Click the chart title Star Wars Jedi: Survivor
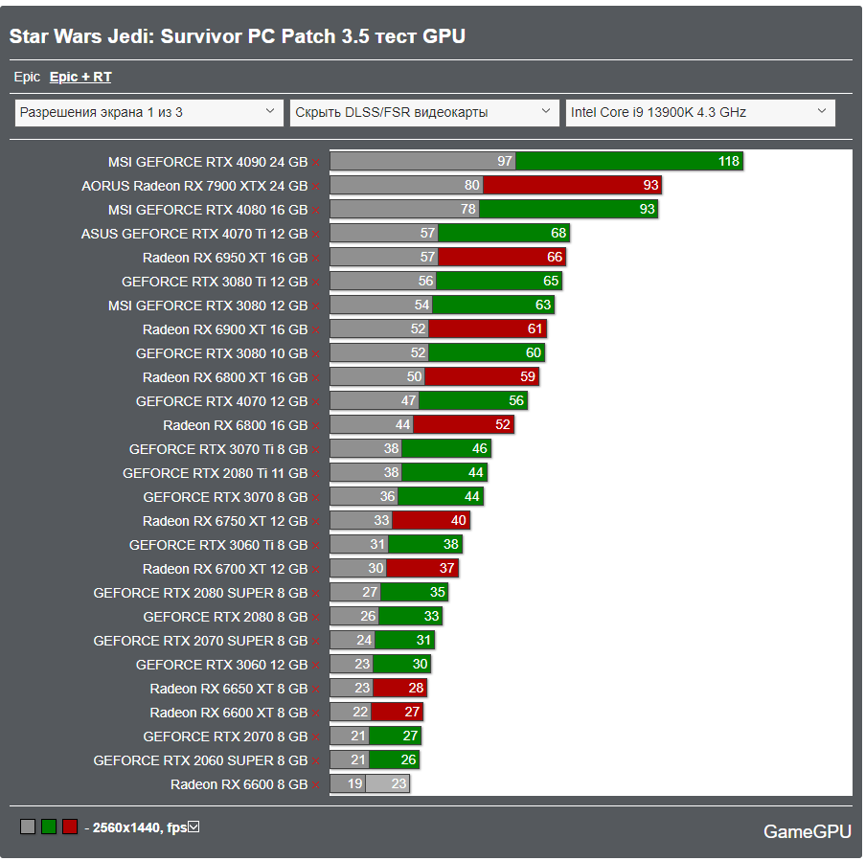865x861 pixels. pos(238,36)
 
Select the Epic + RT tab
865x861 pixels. pos(80,77)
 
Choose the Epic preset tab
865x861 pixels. pos(27,77)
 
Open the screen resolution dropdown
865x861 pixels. pos(149,112)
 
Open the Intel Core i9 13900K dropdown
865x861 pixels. pos(700,112)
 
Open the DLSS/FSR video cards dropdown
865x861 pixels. pos(424,112)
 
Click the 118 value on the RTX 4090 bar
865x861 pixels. pos(729,162)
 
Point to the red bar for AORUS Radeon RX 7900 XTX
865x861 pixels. pos(572,186)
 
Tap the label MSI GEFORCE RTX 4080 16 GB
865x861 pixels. pos(208,210)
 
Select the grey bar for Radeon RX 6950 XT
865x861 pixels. pos(383,258)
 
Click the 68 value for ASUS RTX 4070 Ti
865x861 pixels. pos(558,234)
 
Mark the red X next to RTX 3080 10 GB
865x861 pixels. pos(315,353)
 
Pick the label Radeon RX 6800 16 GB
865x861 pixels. pos(235,425)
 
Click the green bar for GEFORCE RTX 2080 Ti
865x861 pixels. pos(444,473)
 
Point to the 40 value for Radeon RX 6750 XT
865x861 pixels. pos(459,521)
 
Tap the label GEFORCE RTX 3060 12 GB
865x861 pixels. pos(221,665)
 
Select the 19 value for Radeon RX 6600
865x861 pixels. pos(354,784)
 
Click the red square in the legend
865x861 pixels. pos(70,827)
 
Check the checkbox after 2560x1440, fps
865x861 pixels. pos(193,827)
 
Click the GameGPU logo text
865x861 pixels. pos(807,831)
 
